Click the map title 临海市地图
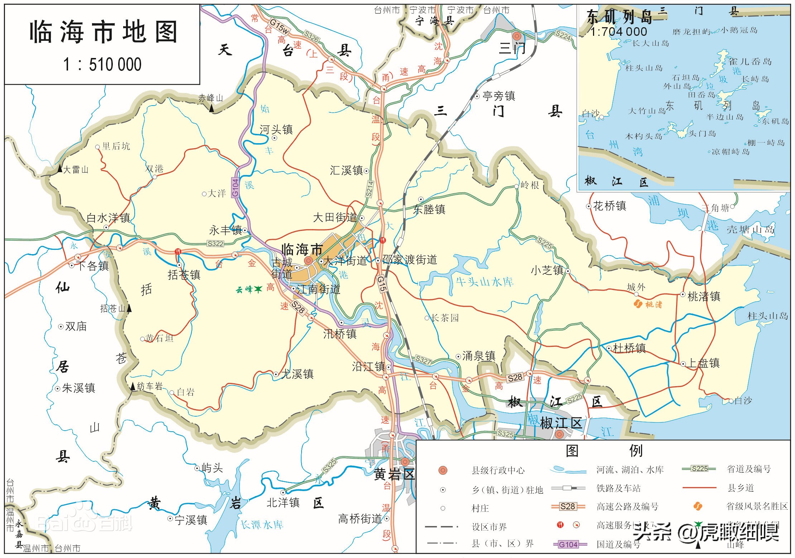point(103,32)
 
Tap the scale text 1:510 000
point(102,65)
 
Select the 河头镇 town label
point(276,129)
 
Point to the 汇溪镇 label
point(346,170)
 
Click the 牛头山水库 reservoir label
point(484,282)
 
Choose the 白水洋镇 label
point(108,218)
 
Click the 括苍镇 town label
point(184,275)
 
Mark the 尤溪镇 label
point(297,374)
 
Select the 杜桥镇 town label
point(629,348)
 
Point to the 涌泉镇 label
point(479,356)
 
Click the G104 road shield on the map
point(235,188)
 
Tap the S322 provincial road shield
point(216,244)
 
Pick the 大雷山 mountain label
point(76,170)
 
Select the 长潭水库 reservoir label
point(262,525)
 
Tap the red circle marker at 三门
point(516,36)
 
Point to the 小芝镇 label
point(547,271)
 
